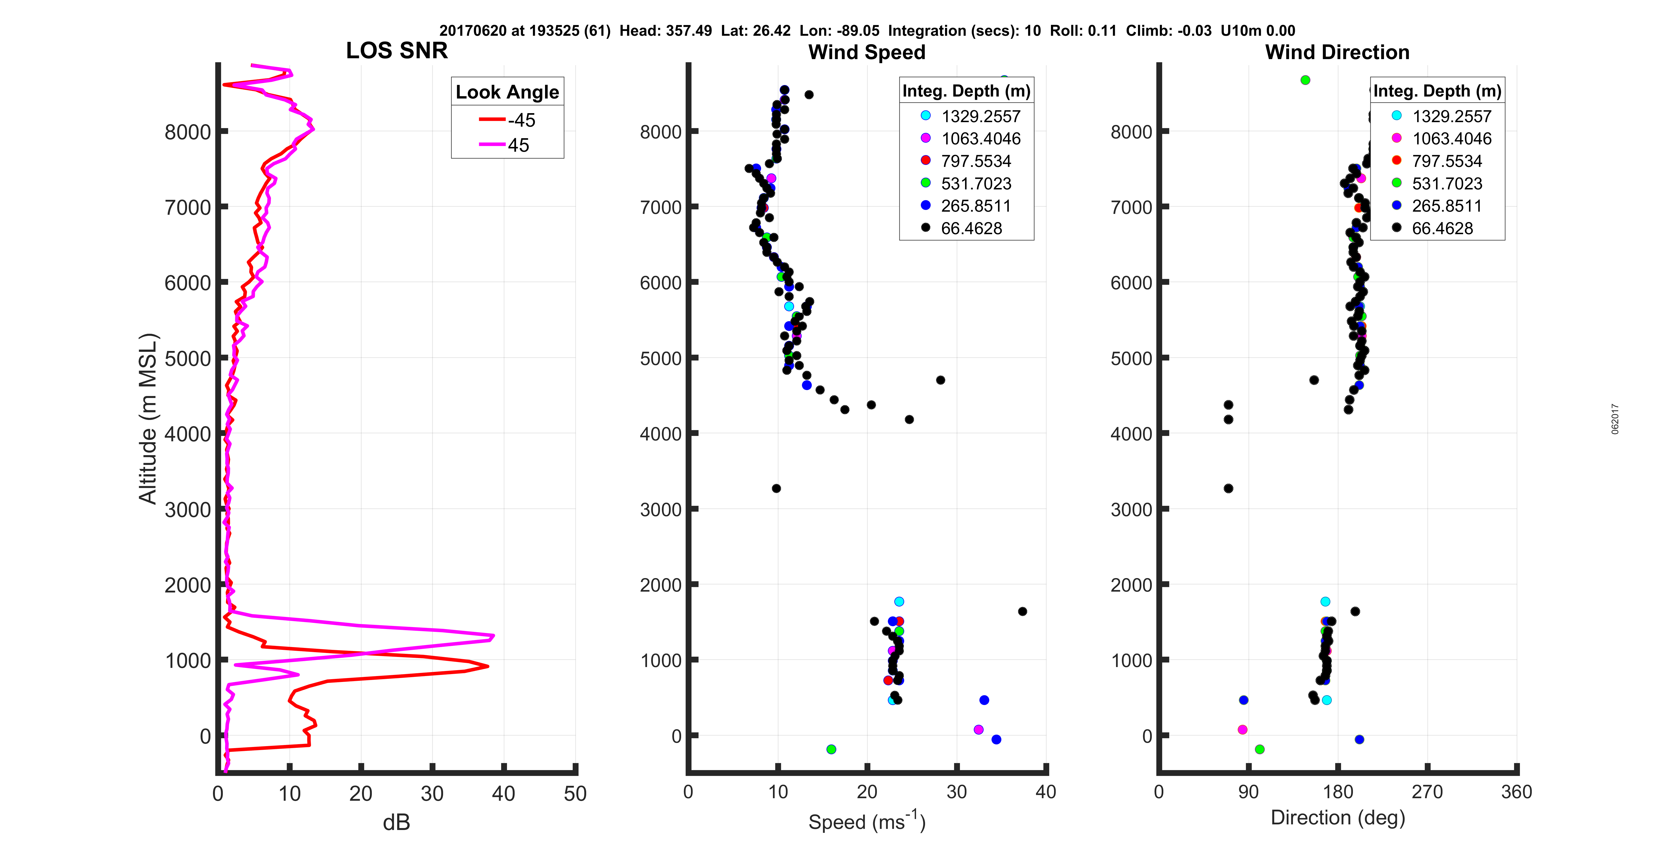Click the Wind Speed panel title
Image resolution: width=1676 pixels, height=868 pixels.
tap(867, 52)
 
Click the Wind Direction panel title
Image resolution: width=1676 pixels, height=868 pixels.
tap(1337, 52)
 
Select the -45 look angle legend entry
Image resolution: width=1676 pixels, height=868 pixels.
tap(508, 120)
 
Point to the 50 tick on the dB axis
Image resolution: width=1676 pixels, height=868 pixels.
tap(575, 793)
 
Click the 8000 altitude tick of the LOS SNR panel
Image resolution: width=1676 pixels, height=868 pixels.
tap(187, 132)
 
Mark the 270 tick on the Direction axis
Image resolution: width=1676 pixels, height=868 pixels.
tap(1427, 792)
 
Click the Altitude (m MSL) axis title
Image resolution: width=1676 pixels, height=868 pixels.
tap(148, 418)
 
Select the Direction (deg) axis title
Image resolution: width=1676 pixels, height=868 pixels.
tap(1338, 817)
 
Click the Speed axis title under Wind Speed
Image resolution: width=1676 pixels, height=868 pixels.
tap(867, 821)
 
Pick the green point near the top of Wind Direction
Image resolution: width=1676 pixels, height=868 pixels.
tap(1305, 80)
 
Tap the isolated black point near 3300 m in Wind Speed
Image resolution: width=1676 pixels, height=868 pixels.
tap(776, 488)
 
